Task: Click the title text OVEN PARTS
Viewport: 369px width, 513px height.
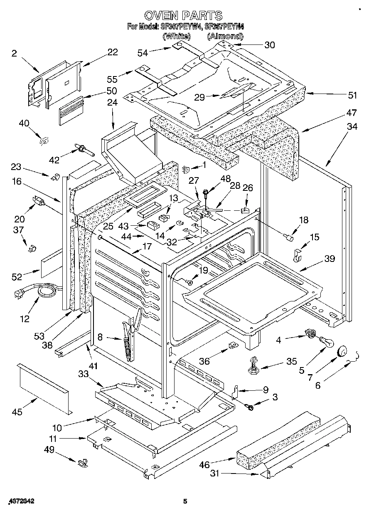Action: click(183, 15)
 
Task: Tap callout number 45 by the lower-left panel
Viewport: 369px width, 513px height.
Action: click(17, 412)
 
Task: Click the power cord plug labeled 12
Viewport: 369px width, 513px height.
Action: click(19, 295)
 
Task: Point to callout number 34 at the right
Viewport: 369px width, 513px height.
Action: click(352, 127)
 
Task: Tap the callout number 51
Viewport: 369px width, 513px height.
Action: click(352, 95)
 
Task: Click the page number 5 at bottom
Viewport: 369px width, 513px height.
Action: click(185, 502)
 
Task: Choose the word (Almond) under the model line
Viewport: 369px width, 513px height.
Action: click(225, 37)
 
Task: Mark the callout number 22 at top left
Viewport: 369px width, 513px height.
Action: click(113, 52)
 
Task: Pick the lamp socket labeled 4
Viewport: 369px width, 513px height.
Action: click(309, 333)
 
